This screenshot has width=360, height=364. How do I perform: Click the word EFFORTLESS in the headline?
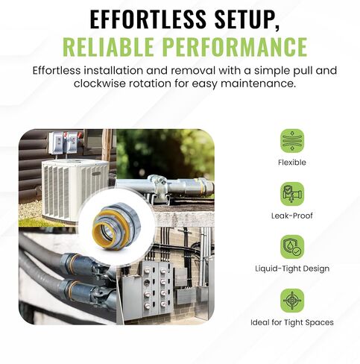148,19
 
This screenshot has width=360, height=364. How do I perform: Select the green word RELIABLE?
108,46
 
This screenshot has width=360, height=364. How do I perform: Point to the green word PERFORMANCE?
236,46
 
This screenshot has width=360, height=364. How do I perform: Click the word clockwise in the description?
100,84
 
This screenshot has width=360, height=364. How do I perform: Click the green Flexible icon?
292,141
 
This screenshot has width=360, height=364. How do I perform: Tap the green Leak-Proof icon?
292,194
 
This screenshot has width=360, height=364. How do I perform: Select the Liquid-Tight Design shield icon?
292,247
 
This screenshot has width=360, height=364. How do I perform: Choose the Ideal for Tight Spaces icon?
292,301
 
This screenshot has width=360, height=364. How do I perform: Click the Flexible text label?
292,163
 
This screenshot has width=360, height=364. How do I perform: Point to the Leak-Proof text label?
292,216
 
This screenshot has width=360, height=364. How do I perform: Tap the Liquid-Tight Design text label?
292,269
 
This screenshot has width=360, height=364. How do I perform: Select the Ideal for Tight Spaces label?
292,322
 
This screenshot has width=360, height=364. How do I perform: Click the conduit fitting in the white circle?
116,225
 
